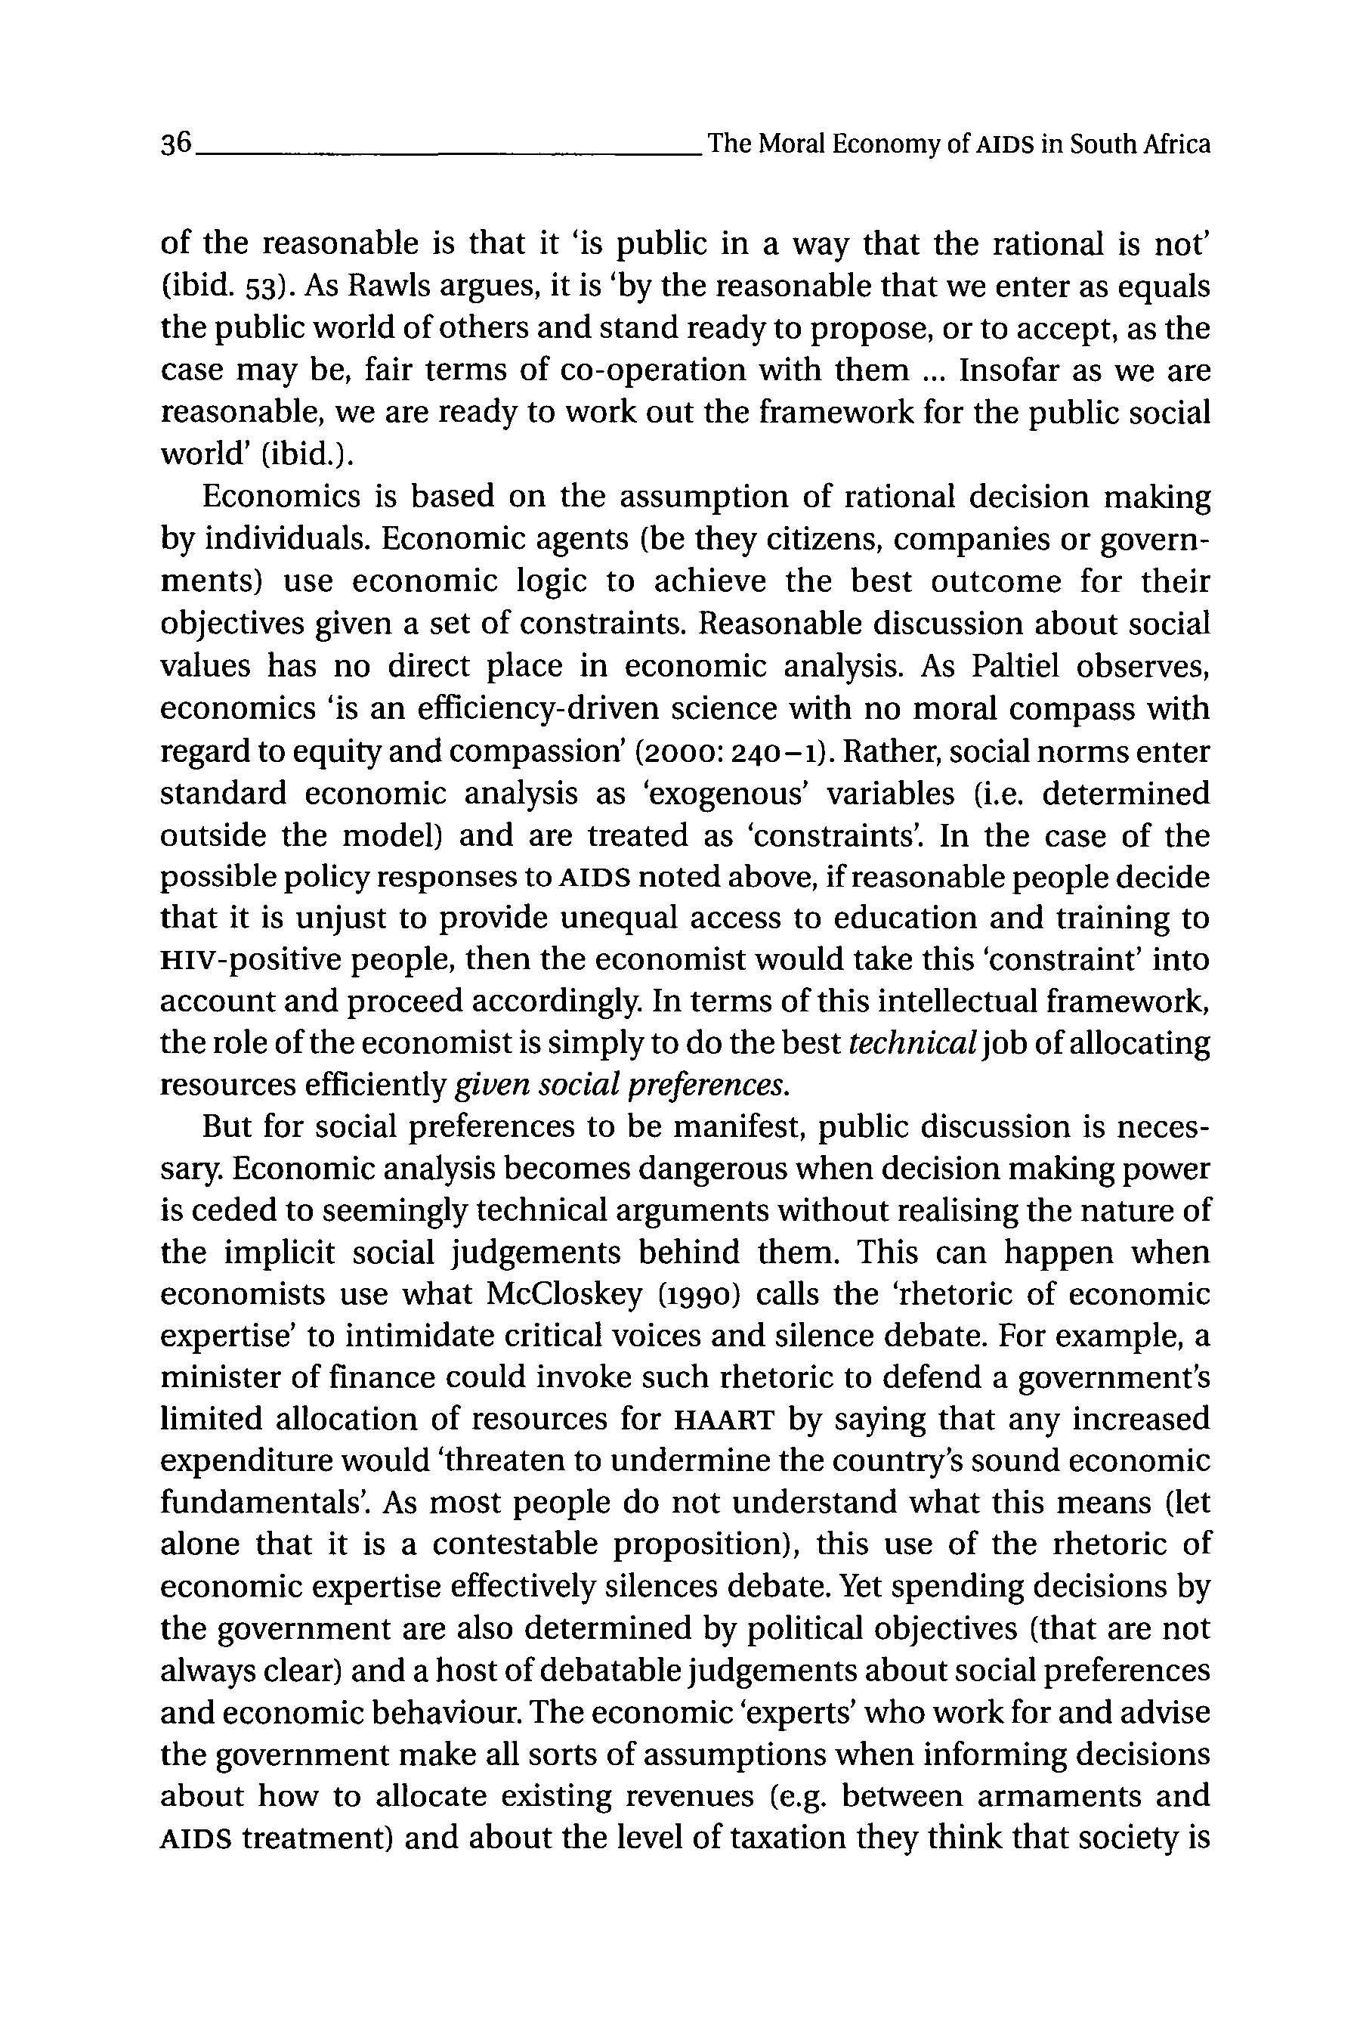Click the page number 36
click(176, 144)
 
